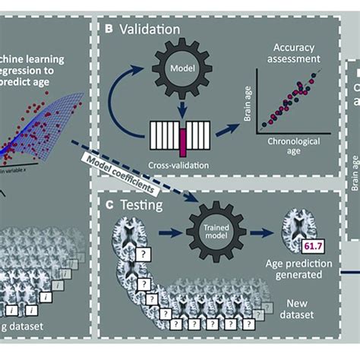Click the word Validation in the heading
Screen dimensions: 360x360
pos(149,30)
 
